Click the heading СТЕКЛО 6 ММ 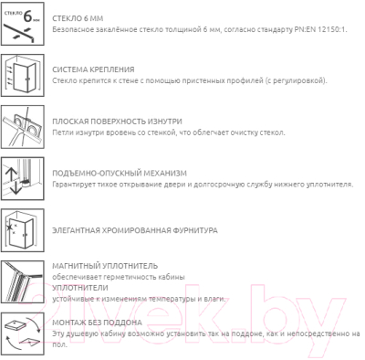[x=78, y=18]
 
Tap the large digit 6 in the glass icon [x=27, y=16]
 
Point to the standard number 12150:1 [x=331, y=30]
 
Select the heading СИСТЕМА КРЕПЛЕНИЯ [x=93, y=69]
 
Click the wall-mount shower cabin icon [x=23, y=76]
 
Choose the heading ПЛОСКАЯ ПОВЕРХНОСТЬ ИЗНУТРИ [x=117, y=122]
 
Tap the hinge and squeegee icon [x=23, y=127]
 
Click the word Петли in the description [x=62, y=132]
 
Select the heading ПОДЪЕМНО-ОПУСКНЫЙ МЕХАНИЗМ [x=120, y=174]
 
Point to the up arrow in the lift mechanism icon [x=11, y=174]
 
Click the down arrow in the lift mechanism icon [x=16, y=188]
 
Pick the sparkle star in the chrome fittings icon [x=9, y=227]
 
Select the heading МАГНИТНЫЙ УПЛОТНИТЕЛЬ [x=105, y=266]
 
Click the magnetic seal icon [x=23, y=281]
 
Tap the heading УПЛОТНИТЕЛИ [x=80, y=288]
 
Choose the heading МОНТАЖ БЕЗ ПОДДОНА [x=97, y=323]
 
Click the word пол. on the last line [x=59, y=345]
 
